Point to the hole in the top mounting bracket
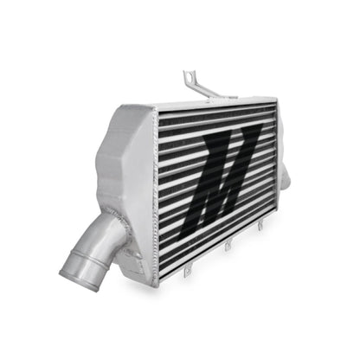pos(186,77)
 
